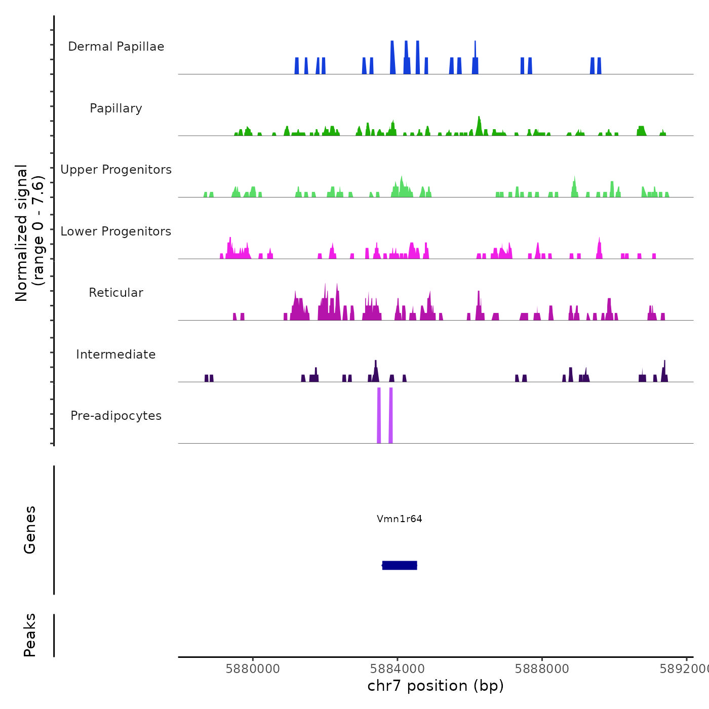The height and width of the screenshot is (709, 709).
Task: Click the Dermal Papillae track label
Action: (116, 47)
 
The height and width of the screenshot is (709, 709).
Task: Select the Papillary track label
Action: (116, 108)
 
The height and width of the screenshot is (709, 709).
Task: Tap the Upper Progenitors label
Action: (116, 170)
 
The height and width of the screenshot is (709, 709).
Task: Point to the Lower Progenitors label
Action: (116, 231)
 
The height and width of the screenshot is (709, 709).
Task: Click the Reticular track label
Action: (116, 293)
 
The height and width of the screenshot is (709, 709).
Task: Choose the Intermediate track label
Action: (116, 354)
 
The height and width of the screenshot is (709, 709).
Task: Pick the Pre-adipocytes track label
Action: (116, 416)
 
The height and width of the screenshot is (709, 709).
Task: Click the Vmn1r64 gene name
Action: (399, 519)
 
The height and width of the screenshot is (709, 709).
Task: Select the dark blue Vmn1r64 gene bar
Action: (400, 565)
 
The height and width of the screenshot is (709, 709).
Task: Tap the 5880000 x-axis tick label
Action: (253, 669)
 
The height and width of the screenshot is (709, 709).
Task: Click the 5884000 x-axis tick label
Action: (398, 669)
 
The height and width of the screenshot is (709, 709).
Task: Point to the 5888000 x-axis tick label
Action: (542, 669)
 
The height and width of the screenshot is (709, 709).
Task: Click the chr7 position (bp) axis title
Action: (436, 686)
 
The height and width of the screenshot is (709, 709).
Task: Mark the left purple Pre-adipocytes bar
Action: (379, 415)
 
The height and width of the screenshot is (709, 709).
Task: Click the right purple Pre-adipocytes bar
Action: (390, 415)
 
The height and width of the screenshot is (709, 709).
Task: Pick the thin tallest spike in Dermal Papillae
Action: (475, 51)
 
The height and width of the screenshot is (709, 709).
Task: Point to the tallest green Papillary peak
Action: (479, 124)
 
